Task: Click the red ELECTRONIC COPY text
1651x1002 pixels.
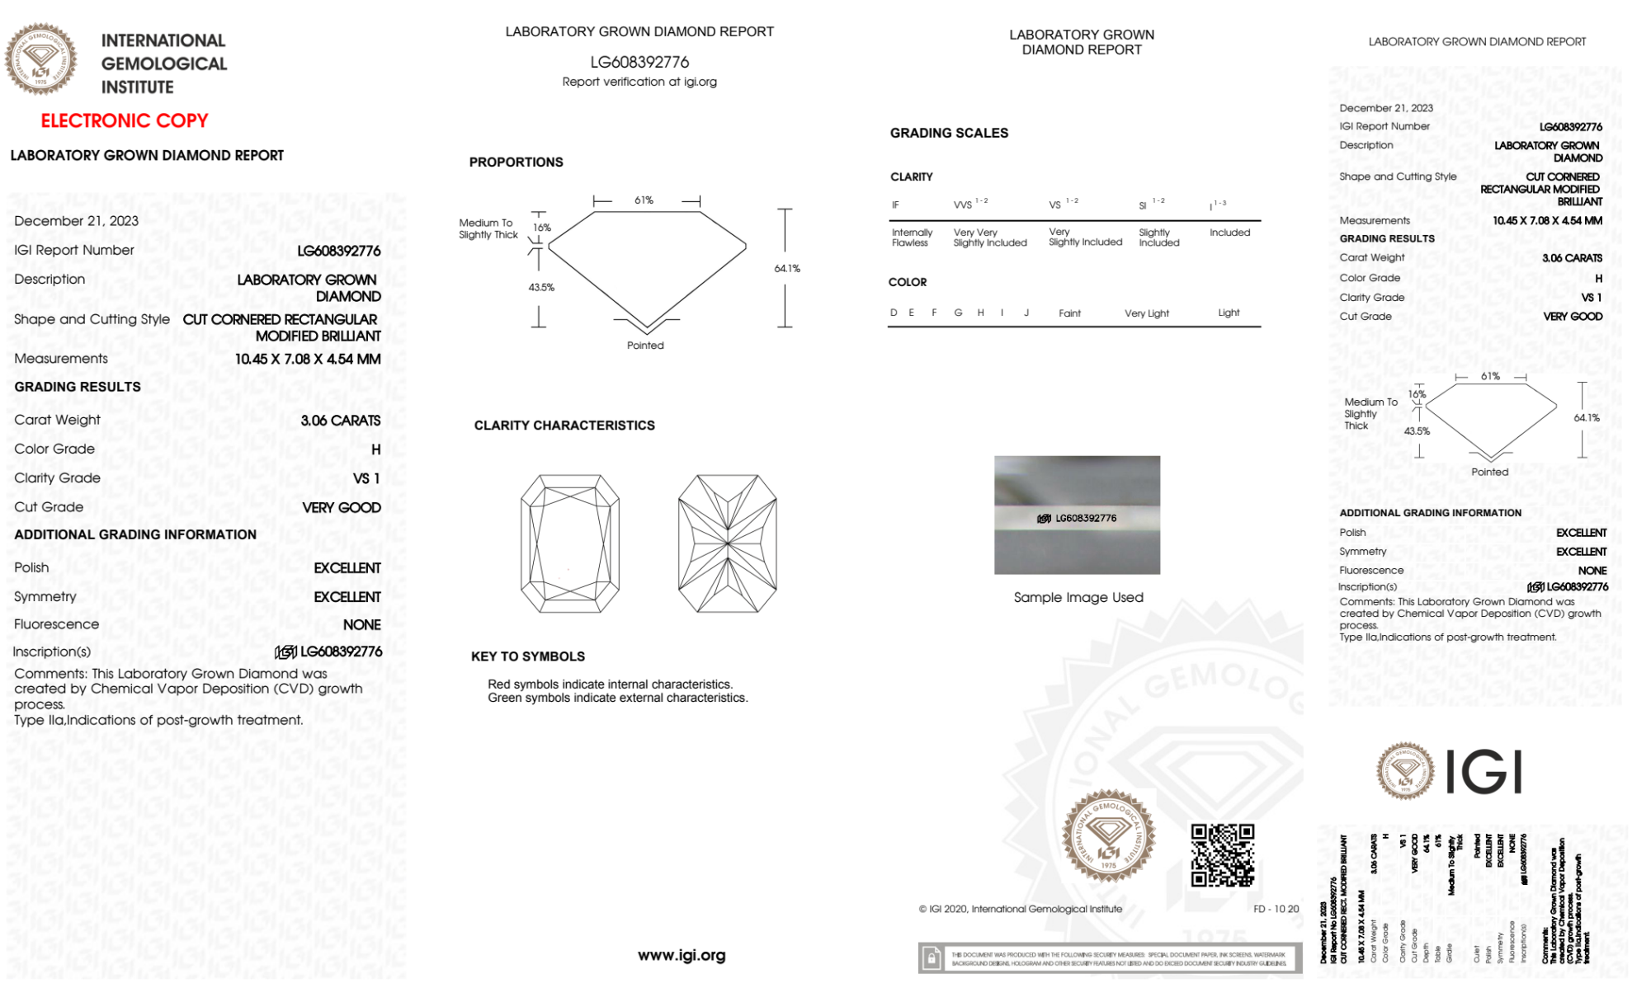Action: tap(125, 121)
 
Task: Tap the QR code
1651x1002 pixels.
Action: tap(1222, 855)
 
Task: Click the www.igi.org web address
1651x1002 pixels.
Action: tap(682, 956)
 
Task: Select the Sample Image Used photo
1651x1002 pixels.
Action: tap(1077, 515)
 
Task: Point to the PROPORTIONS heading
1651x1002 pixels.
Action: tap(516, 162)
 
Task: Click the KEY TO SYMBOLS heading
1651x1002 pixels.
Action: tap(528, 656)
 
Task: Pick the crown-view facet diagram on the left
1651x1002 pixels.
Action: tap(569, 543)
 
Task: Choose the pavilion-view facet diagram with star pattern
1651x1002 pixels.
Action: tap(727, 543)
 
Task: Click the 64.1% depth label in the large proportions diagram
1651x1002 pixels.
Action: tap(787, 269)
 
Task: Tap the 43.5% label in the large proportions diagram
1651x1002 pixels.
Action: tap(541, 288)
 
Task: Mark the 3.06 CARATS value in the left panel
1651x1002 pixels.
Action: tap(340, 421)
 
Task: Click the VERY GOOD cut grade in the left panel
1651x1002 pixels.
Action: tap(341, 508)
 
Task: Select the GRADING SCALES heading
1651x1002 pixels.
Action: tap(949, 134)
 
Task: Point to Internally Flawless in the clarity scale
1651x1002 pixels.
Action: tap(912, 238)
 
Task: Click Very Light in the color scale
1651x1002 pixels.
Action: tap(1146, 313)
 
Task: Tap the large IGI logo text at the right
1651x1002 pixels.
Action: tap(1484, 773)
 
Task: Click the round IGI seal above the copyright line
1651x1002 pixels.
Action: tap(1108, 836)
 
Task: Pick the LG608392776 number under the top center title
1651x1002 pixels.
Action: tap(639, 63)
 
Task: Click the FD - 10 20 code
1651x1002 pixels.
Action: tap(1276, 909)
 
